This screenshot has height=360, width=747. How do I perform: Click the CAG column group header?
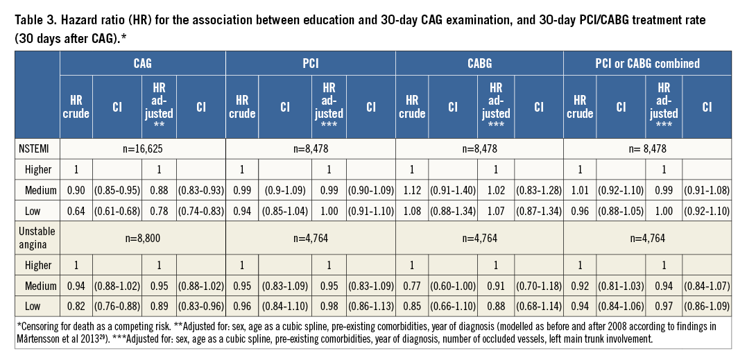[143, 63]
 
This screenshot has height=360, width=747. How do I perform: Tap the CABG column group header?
[479, 63]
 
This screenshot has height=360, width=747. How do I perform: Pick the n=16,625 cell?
[143, 148]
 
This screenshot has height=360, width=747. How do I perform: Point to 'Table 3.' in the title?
[36, 21]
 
